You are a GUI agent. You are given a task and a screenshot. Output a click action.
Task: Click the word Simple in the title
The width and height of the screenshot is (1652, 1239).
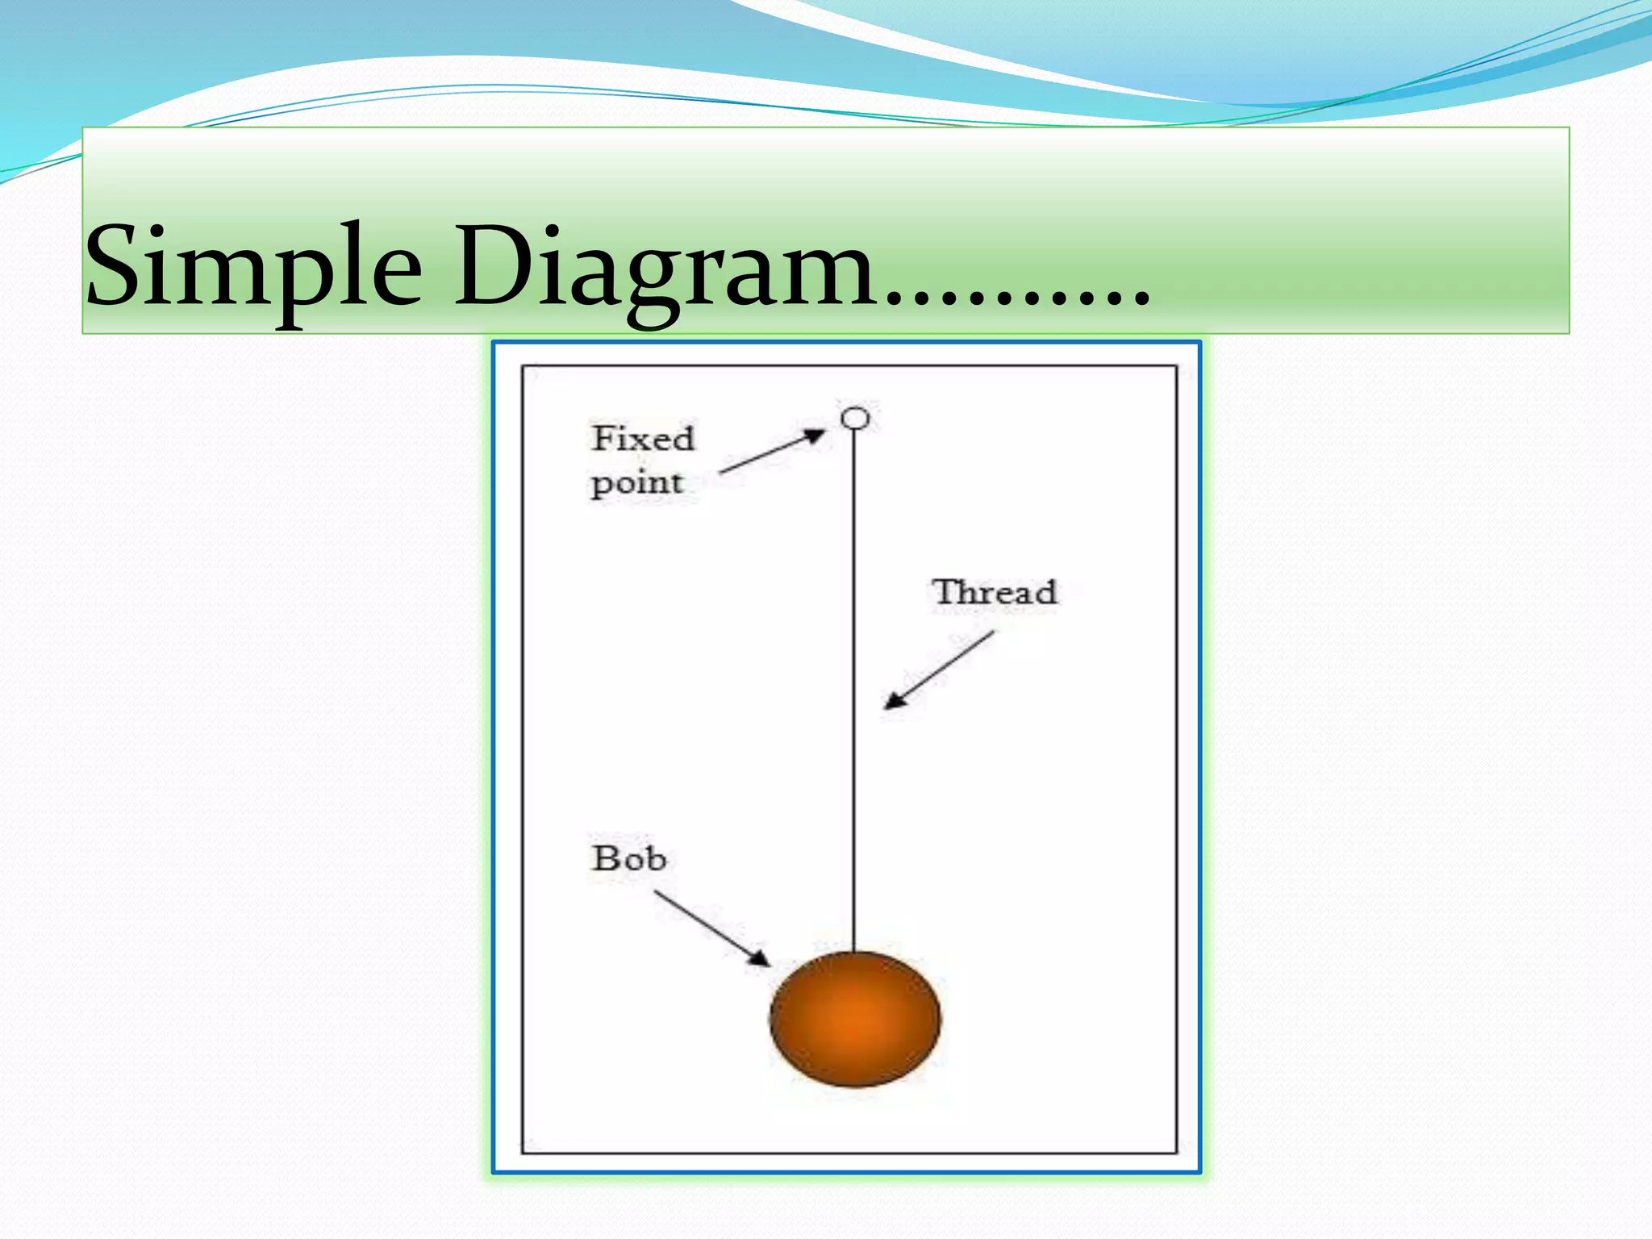tap(252, 266)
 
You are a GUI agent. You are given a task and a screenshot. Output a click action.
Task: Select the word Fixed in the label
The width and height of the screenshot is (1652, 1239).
tap(643, 439)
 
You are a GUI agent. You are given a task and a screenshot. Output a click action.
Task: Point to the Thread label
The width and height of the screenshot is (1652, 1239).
tap(994, 593)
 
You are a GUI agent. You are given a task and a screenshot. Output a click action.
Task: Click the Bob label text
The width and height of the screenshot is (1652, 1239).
tap(629, 858)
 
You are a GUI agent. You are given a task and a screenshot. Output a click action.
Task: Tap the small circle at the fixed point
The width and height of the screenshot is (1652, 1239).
tap(855, 418)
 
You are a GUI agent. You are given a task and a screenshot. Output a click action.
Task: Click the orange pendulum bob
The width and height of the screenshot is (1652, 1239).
tap(855, 1020)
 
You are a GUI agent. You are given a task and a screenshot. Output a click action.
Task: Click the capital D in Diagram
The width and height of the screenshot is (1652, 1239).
tap(490, 266)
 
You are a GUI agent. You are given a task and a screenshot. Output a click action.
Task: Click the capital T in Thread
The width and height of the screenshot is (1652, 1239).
tap(945, 591)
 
